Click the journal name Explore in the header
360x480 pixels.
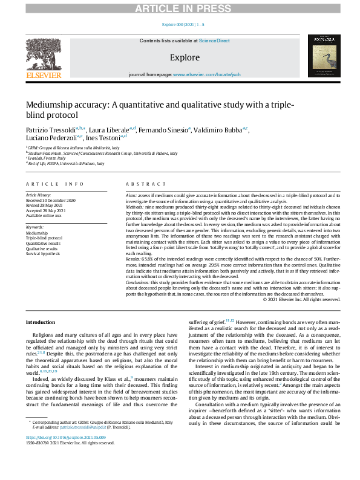(185, 57)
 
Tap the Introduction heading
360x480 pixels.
(40, 323)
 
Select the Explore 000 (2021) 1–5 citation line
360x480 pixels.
(183, 24)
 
